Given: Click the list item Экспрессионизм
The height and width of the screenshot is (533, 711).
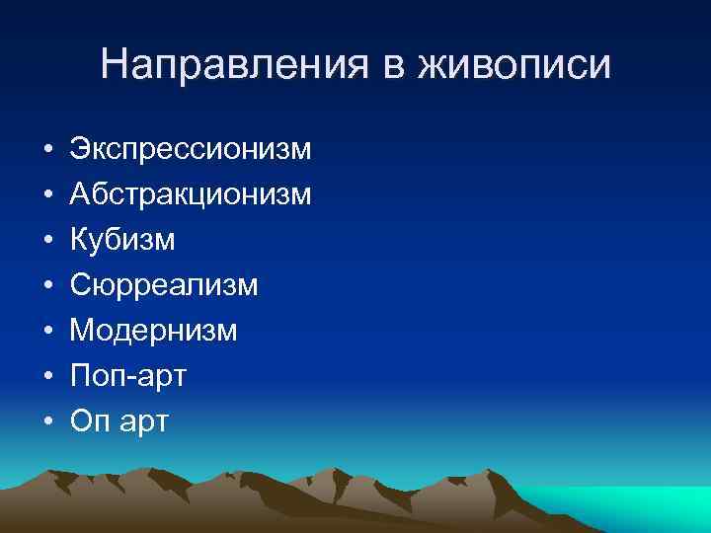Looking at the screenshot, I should click(x=191, y=150).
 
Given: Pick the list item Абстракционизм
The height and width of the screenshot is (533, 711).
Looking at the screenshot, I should click(x=191, y=195).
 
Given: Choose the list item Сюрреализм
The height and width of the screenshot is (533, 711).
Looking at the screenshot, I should click(x=164, y=286).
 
